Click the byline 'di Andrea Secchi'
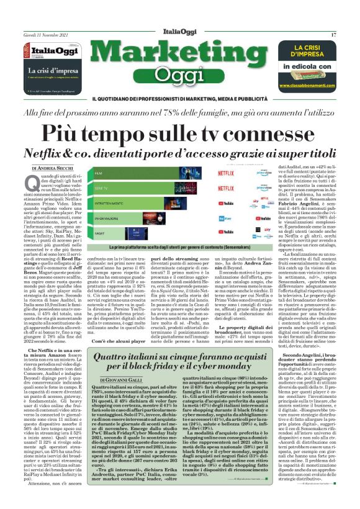tap(47, 168)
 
